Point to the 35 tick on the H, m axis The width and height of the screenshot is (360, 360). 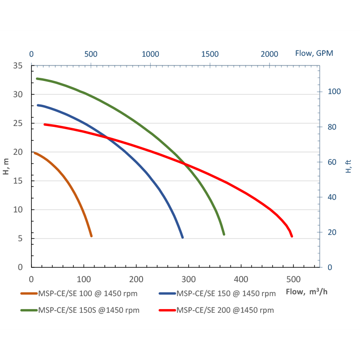(18, 66)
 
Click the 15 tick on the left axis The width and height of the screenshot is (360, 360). (18, 181)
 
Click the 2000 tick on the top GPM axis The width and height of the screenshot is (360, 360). (270, 54)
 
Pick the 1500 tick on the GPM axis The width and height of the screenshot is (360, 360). (210, 54)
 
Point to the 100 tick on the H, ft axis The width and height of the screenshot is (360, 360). (334, 91)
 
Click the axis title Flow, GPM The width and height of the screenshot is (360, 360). (314, 53)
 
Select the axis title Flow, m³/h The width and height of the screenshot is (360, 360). (307, 292)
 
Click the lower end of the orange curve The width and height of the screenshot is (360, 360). (91, 236)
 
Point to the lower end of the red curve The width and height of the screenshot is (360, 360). (292, 236)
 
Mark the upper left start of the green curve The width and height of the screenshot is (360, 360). (37, 78)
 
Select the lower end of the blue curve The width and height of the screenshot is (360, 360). (182, 237)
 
